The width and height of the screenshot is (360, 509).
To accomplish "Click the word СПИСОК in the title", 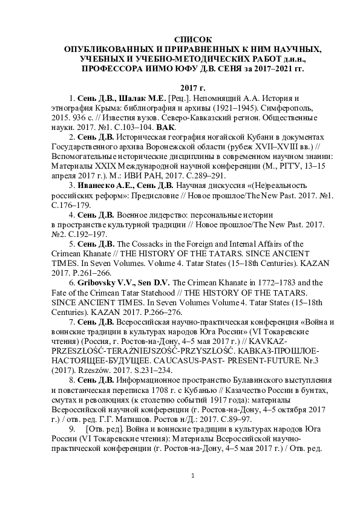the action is click(x=180, y=39).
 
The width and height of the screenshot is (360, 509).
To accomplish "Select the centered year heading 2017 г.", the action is click(x=180, y=88).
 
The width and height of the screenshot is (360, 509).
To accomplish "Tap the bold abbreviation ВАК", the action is click(x=165, y=128).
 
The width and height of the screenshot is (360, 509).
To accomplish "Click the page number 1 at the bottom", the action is click(x=192, y=477).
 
